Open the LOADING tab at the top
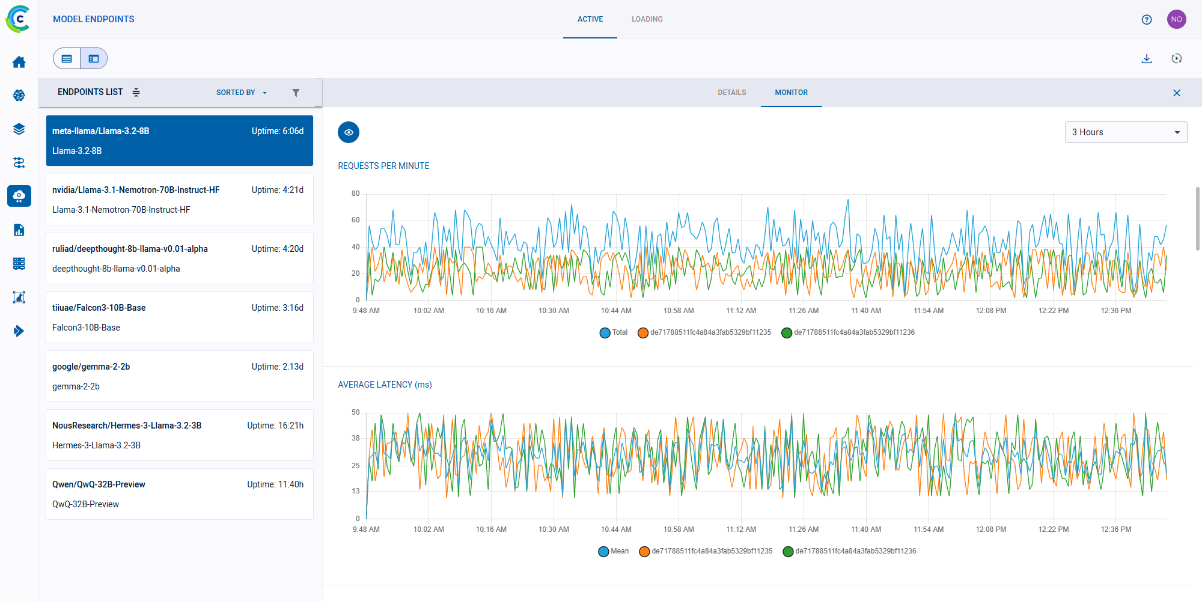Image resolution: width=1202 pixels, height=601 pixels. tap(647, 19)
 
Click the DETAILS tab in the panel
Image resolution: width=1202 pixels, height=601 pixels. tap(731, 93)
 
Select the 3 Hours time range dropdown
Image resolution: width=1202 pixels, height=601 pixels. tap(1125, 132)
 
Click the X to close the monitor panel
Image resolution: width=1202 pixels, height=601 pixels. tap(1176, 93)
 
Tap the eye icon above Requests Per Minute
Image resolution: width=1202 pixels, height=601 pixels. tap(349, 132)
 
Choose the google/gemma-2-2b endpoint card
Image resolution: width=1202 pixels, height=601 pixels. tap(179, 376)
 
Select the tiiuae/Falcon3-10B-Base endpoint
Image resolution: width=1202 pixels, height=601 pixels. tap(179, 317)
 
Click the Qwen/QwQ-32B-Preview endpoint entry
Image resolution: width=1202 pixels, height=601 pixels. tap(179, 494)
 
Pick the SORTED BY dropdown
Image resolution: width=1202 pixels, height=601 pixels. tap(241, 93)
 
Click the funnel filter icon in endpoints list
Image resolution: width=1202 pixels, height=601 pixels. tap(296, 93)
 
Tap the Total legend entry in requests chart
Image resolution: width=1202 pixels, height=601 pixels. tap(614, 332)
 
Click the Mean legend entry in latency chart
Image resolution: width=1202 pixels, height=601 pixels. tap(613, 551)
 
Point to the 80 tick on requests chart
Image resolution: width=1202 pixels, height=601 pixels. tap(356, 194)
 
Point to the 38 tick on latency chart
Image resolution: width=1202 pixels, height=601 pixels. tap(356, 438)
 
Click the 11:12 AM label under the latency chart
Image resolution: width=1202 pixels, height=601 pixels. tap(741, 529)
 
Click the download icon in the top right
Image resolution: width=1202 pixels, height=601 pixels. tap(1146, 58)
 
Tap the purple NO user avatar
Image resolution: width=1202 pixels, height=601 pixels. tap(1176, 19)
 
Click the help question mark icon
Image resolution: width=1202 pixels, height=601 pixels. tap(1146, 19)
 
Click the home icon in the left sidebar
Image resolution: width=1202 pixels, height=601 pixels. tap(19, 62)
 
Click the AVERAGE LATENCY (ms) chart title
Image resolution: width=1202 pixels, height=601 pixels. tap(385, 385)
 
